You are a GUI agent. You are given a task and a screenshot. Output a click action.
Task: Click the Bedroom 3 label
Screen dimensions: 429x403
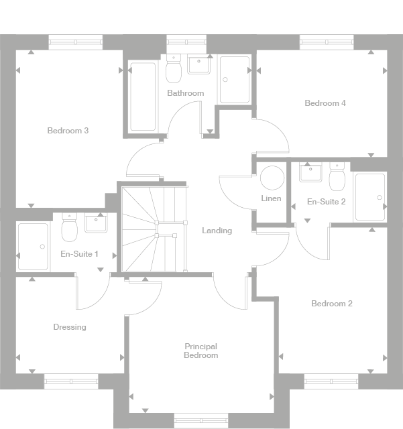[68, 131]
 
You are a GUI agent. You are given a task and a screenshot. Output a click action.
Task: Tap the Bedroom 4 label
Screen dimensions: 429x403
[325, 103]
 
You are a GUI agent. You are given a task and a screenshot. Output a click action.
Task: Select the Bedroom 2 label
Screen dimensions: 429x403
[331, 304]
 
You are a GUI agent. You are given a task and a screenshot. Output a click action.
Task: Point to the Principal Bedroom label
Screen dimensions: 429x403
[201, 351]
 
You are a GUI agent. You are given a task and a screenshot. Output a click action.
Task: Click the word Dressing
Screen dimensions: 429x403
[70, 327]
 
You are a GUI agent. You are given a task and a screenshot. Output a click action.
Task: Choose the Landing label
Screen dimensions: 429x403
[217, 231]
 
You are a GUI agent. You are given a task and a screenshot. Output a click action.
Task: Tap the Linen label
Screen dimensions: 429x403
[271, 199]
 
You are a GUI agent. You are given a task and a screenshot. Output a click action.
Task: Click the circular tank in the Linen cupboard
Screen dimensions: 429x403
[272, 177]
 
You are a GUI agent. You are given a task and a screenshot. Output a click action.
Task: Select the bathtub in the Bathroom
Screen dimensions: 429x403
[142, 97]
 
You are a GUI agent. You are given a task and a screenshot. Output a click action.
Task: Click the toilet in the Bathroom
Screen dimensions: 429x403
[174, 68]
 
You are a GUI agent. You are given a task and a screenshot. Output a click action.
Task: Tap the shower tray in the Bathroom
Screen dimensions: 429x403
[235, 80]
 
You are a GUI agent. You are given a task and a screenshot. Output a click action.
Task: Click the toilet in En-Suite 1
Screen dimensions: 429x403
[69, 229]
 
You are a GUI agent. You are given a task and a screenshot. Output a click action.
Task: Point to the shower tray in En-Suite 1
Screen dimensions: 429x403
[33, 246]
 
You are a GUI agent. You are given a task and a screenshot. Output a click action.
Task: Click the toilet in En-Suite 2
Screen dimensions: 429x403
[337, 176]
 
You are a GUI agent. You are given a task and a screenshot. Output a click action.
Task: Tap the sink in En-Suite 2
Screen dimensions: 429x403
[310, 173]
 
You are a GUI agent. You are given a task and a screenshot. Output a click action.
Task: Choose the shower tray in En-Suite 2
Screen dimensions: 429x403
[369, 197]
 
